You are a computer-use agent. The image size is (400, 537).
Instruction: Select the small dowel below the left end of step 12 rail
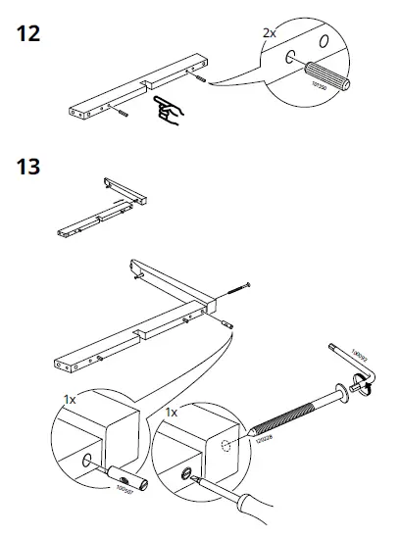(122, 118)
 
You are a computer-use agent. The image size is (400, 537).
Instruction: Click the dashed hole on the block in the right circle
(226, 448)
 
